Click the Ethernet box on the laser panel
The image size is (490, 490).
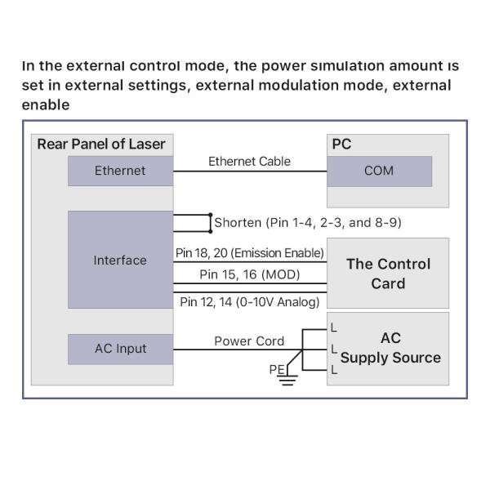[x=120, y=171]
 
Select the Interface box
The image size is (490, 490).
[x=120, y=260]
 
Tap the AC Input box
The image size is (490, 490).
[x=120, y=349]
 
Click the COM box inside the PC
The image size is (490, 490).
[x=379, y=171]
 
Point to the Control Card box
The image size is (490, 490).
[x=388, y=274]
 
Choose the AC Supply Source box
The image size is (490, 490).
[x=390, y=349]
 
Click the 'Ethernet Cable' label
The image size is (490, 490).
[x=249, y=161]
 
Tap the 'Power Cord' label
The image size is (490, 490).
[x=249, y=341]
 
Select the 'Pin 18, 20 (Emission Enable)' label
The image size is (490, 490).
[x=250, y=253]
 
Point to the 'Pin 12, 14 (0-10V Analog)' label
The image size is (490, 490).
[x=249, y=302]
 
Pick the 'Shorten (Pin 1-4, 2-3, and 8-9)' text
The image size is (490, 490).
[x=307, y=222]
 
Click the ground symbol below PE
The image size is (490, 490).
[x=286, y=380]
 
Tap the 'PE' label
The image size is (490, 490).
[x=277, y=370]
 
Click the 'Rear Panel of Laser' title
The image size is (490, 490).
[x=101, y=145]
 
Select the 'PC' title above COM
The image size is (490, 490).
[x=341, y=145]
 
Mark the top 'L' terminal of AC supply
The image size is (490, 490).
[x=333, y=328]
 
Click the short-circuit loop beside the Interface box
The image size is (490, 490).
[x=193, y=222]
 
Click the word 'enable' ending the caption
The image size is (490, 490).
[x=46, y=105]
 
